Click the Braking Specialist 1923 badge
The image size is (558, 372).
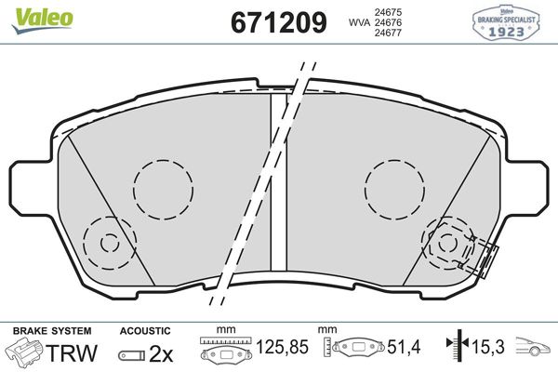[507, 20]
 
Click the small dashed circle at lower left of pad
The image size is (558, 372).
[110, 244]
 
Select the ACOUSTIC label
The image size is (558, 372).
[145, 331]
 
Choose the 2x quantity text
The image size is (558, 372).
[162, 353]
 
